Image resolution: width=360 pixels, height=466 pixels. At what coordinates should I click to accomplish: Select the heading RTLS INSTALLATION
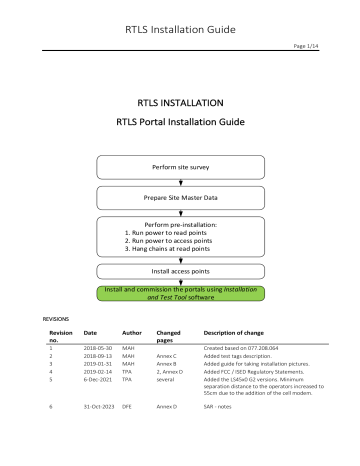tap(180, 102)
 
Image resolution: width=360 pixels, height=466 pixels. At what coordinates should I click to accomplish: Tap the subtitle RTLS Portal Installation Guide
tap(180, 124)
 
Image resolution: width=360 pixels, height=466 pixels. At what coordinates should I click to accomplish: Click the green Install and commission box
tap(179, 293)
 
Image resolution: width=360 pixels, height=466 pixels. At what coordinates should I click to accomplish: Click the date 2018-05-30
tap(98, 347)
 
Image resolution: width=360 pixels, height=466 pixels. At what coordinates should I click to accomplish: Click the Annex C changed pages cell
tap(167, 355)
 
